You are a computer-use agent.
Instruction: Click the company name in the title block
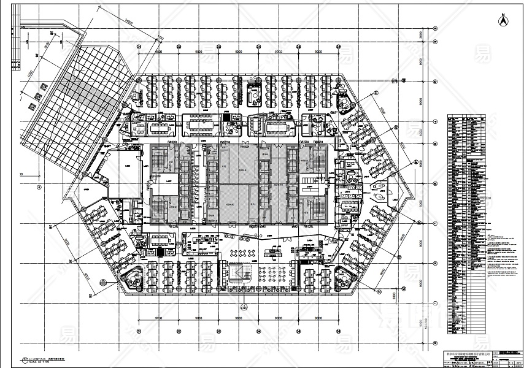[460, 355]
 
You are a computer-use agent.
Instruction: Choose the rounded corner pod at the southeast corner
[345, 277]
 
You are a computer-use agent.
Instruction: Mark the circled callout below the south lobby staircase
[244, 307]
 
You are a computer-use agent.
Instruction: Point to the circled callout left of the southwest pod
[101, 283]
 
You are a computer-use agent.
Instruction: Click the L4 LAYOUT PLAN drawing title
[46, 359]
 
